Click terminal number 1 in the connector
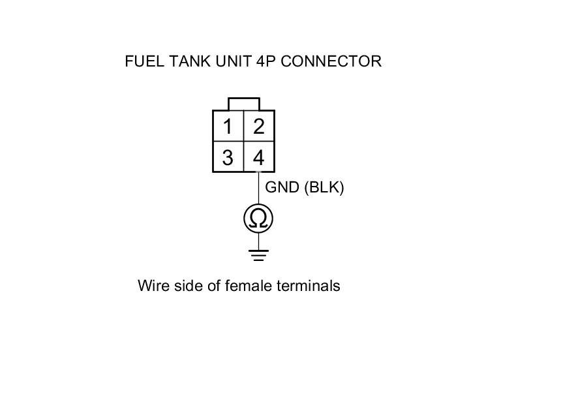(x=228, y=126)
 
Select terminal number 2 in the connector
(x=259, y=126)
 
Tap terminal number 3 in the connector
(x=228, y=158)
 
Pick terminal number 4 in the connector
(x=259, y=158)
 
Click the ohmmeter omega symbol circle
(x=258, y=218)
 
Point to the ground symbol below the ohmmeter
(x=258, y=254)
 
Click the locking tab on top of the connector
(x=244, y=104)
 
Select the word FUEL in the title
(x=144, y=61)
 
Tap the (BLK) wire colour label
(x=324, y=187)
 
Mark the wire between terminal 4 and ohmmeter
(x=258, y=189)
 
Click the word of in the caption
(x=212, y=286)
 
